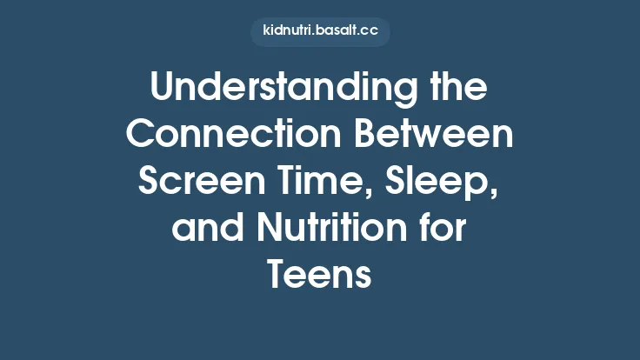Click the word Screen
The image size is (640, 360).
(193, 183)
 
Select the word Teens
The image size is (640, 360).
(320, 276)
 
